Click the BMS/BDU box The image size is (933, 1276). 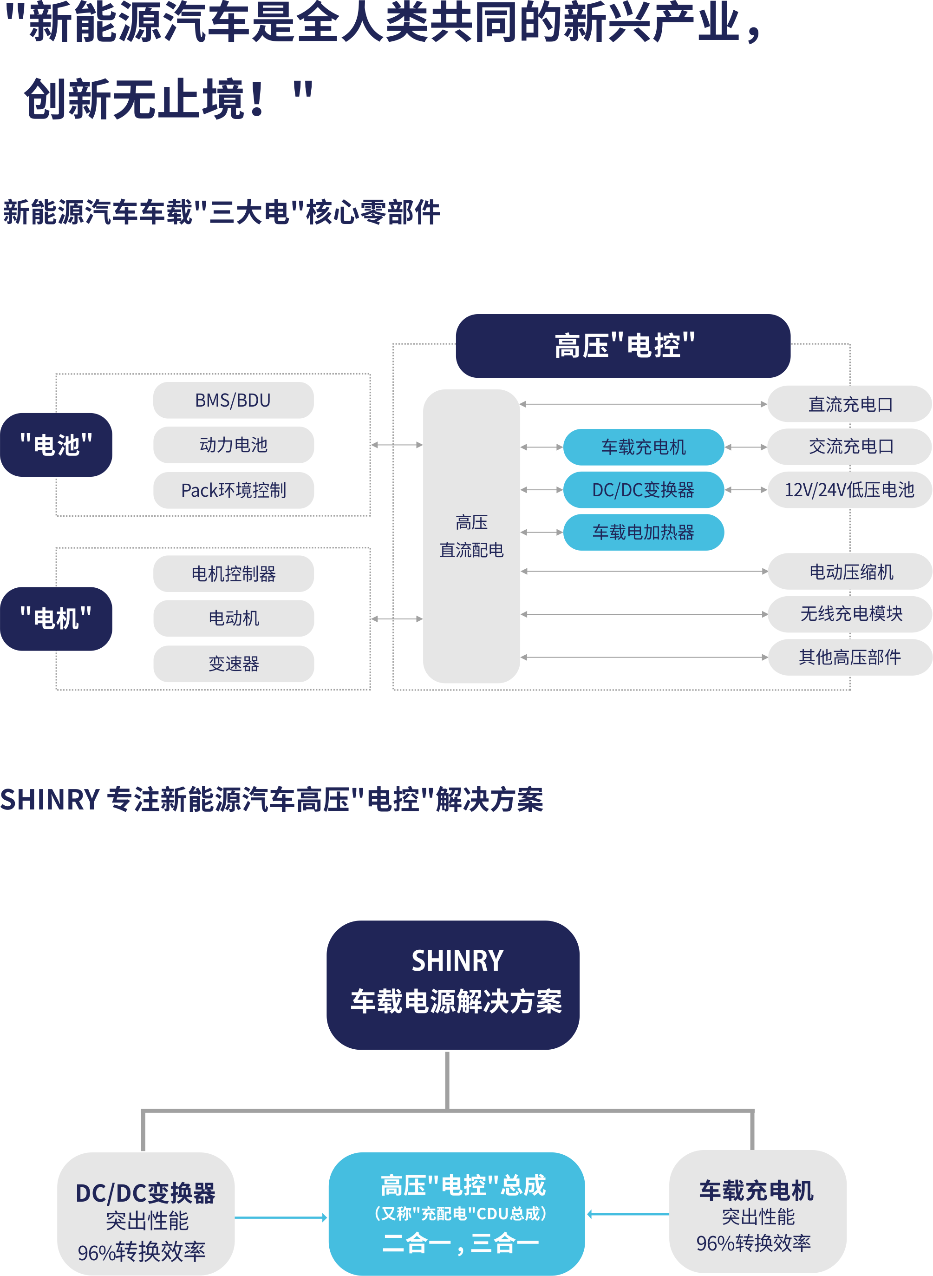233,400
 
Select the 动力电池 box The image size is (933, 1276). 233,445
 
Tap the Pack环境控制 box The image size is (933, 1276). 233,490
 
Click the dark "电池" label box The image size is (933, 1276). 56,445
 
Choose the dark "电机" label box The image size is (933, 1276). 56,618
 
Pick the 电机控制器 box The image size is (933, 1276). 233,573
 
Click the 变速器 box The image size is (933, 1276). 233,664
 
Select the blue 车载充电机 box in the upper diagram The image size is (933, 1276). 643,447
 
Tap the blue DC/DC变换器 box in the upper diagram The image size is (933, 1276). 643,489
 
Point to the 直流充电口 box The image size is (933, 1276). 850,404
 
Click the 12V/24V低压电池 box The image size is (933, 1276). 849,489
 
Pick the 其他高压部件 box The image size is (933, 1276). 849,657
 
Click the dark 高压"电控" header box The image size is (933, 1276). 623,346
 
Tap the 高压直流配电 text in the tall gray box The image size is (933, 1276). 471,536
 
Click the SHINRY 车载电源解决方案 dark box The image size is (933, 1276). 453,984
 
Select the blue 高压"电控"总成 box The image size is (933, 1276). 457,1213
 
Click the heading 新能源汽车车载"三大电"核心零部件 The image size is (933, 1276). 222,212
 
